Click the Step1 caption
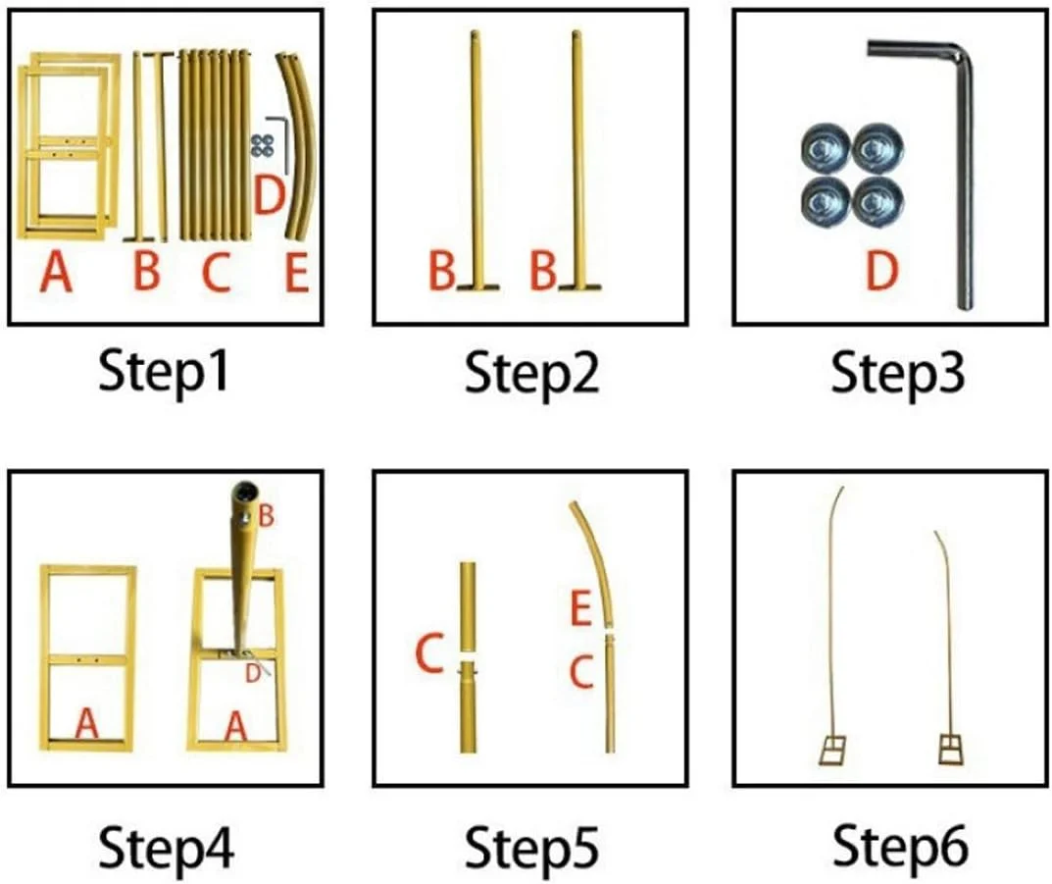(x=164, y=373)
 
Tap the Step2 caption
(x=531, y=373)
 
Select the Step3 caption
(x=898, y=373)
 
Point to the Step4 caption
(x=166, y=848)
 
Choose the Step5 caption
(x=531, y=848)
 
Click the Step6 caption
(x=900, y=848)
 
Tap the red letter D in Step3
(x=881, y=271)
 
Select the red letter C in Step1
(x=216, y=273)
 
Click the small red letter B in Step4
(x=266, y=516)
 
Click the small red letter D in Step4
(x=252, y=673)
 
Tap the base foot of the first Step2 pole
(x=478, y=287)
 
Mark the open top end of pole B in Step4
(x=243, y=491)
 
